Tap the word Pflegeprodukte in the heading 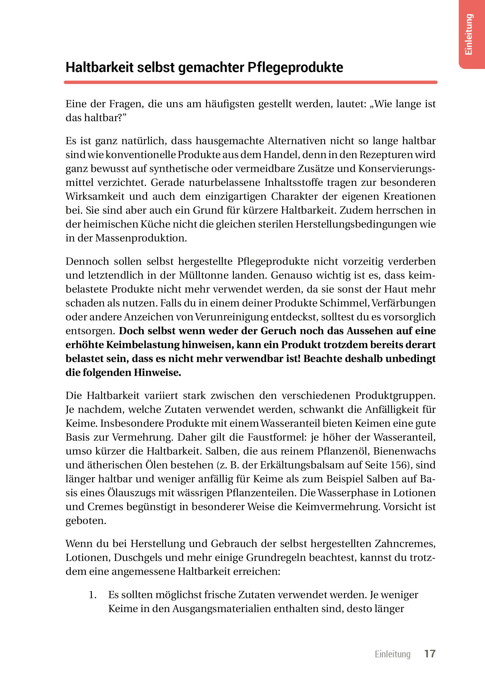pos(295,68)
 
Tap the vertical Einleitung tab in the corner pos(469,34)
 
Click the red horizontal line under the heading pos(251,82)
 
